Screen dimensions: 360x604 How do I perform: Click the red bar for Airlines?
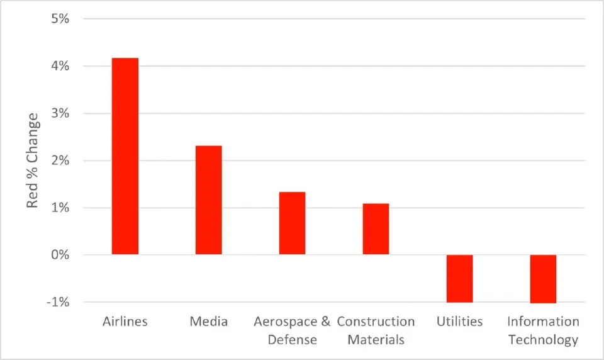(x=125, y=156)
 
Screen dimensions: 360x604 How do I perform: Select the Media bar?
(x=208, y=200)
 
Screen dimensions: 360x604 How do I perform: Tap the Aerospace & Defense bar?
(x=292, y=223)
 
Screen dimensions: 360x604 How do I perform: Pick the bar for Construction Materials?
(x=376, y=229)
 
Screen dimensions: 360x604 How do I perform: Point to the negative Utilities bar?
(x=459, y=278)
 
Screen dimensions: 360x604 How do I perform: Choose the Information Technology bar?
(x=543, y=279)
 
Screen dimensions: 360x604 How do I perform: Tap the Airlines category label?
(x=125, y=322)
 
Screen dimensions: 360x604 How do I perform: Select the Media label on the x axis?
(x=208, y=322)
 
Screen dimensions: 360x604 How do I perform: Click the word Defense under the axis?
(x=292, y=340)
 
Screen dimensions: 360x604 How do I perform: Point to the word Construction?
(x=376, y=322)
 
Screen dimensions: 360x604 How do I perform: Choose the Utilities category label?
(x=459, y=322)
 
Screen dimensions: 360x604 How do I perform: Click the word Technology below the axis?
(x=543, y=340)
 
